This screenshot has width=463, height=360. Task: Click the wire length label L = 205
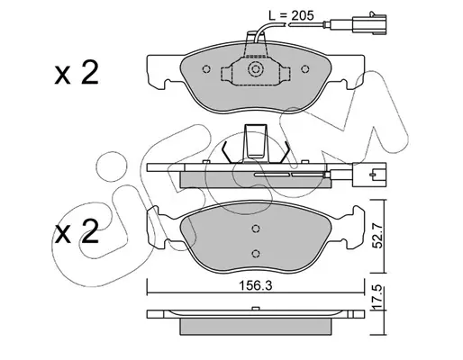[x=291, y=15]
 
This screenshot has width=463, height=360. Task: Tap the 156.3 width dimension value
[x=255, y=286]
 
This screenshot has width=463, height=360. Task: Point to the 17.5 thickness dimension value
[x=378, y=298]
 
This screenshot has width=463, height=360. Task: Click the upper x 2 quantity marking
[x=77, y=73]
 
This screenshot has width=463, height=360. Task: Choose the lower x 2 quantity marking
[x=77, y=231]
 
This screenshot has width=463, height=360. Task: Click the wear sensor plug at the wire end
[x=369, y=22]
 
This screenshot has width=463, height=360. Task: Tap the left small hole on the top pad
[x=206, y=69]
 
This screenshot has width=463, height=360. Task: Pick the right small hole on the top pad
[x=305, y=69]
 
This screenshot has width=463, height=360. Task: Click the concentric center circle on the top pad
[x=256, y=69]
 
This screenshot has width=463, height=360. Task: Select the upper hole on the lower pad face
[x=256, y=229]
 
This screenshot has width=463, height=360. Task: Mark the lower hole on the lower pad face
[x=256, y=254]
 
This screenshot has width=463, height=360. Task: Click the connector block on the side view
[x=370, y=175]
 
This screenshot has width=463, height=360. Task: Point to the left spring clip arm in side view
[x=227, y=152]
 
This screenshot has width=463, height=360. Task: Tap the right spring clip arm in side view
[x=284, y=152]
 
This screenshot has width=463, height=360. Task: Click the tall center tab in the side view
[x=256, y=141]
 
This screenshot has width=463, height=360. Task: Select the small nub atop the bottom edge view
[x=256, y=309]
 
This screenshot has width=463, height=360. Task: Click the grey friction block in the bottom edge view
[x=256, y=327]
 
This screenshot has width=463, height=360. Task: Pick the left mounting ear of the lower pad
[x=157, y=227]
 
